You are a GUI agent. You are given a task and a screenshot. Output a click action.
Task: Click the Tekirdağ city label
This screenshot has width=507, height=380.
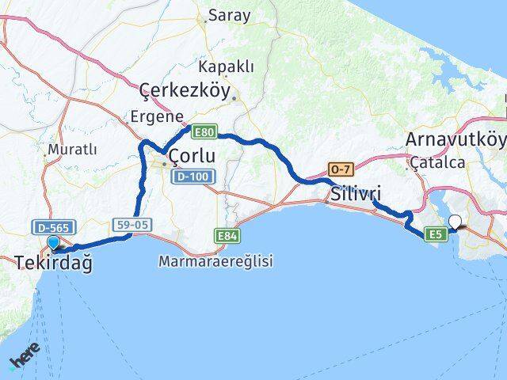53,263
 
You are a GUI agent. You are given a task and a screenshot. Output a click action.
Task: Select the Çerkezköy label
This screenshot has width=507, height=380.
185,91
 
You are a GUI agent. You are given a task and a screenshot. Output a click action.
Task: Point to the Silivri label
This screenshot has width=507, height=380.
356,193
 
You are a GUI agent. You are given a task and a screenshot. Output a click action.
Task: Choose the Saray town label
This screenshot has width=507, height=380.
229,15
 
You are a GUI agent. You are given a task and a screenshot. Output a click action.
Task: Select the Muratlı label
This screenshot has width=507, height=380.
72,149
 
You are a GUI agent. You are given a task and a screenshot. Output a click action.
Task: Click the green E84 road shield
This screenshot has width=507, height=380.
228,235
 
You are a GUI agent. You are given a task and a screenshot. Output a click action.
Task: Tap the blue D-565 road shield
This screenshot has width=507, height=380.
49,227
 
